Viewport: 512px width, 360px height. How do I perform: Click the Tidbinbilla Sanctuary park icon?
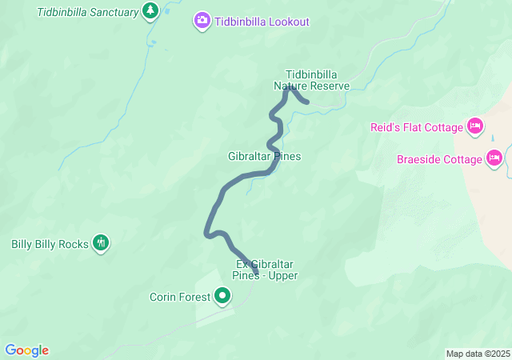[x=150, y=11]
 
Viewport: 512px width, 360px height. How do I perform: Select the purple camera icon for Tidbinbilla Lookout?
[x=202, y=21]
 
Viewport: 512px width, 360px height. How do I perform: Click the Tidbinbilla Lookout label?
[x=262, y=22]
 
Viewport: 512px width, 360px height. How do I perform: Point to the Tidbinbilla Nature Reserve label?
[x=312, y=80]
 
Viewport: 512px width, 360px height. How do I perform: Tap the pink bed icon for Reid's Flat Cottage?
[x=475, y=126]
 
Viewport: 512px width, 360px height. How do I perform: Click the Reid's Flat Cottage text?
[x=417, y=127]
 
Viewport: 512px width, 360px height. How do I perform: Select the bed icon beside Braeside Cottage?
[x=494, y=158]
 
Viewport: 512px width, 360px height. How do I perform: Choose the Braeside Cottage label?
[x=440, y=159]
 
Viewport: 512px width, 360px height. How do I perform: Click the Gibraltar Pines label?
[x=264, y=156]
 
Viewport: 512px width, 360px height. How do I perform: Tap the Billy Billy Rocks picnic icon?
[x=101, y=243]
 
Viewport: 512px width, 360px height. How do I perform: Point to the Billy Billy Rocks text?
[x=50, y=244]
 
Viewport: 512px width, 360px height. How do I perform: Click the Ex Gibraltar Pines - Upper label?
[x=266, y=270]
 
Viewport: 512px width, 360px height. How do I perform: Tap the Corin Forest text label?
[x=180, y=298]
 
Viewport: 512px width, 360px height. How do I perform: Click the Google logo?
[x=26, y=350]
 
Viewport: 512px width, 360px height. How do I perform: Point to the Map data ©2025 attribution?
[x=478, y=354]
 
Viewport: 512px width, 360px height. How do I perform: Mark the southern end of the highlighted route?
[x=256, y=274]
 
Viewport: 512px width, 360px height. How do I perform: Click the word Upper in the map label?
[x=283, y=276]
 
